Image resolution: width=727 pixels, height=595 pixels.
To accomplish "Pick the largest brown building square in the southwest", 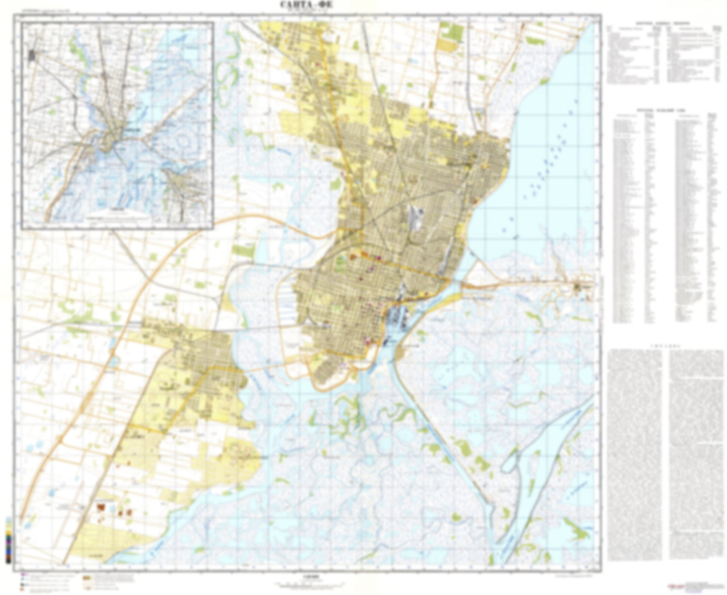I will click(102, 506).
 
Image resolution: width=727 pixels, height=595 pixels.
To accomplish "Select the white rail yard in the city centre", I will click(415, 218).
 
